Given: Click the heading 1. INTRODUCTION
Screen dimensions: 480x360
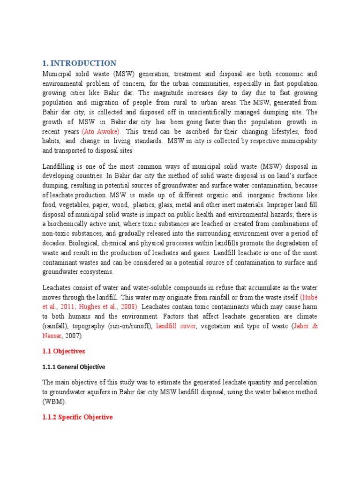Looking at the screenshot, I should (x=79, y=63).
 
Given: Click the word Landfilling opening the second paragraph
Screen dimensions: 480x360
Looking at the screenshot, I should (x=60, y=166).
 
